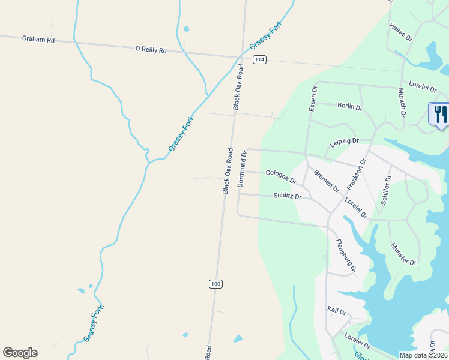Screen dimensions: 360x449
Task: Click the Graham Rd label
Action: pyautogui.click(x=38, y=39)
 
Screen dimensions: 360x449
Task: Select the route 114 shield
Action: pyautogui.click(x=259, y=60)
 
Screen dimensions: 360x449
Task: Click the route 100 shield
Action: pyautogui.click(x=216, y=283)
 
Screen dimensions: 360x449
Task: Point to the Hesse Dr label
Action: pyautogui.click(x=400, y=32)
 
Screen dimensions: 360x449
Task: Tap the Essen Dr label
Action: pyautogui.click(x=312, y=98)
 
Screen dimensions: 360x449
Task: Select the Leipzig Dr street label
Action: pyautogui.click(x=344, y=143)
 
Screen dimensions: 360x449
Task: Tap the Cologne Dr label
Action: pyautogui.click(x=281, y=176)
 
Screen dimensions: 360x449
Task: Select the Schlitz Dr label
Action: pyautogui.click(x=287, y=196)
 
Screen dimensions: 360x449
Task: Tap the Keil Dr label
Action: pyautogui.click(x=337, y=312)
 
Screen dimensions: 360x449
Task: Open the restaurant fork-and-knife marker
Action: pyautogui.click(x=439, y=114)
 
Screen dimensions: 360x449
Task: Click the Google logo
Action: pyautogui.click(x=20, y=353)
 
